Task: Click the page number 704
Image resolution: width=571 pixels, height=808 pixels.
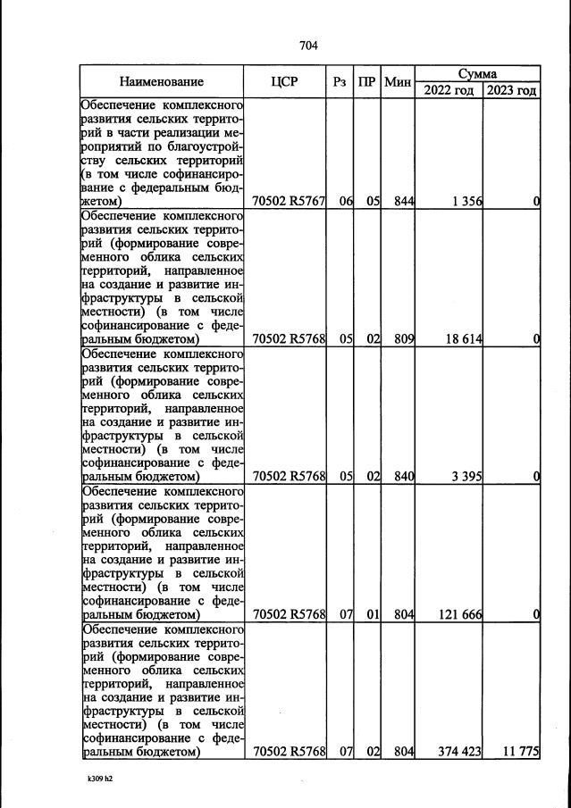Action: tap(308, 46)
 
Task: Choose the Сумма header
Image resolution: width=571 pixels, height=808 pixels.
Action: tap(477, 74)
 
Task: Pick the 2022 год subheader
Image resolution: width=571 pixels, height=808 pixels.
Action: tap(449, 90)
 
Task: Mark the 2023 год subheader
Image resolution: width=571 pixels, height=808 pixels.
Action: tap(512, 90)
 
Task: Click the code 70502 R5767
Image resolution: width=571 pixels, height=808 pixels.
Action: tap(289, 202)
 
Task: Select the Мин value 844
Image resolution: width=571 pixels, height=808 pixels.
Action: tap(404, 202)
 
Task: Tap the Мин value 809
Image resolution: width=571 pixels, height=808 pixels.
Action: tap(404, 339)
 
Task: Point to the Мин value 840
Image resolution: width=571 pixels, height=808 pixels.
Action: tap(404, 477)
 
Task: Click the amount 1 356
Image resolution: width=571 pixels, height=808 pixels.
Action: tap(466, 202)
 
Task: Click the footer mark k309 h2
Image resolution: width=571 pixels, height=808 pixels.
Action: tap(100, 779)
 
